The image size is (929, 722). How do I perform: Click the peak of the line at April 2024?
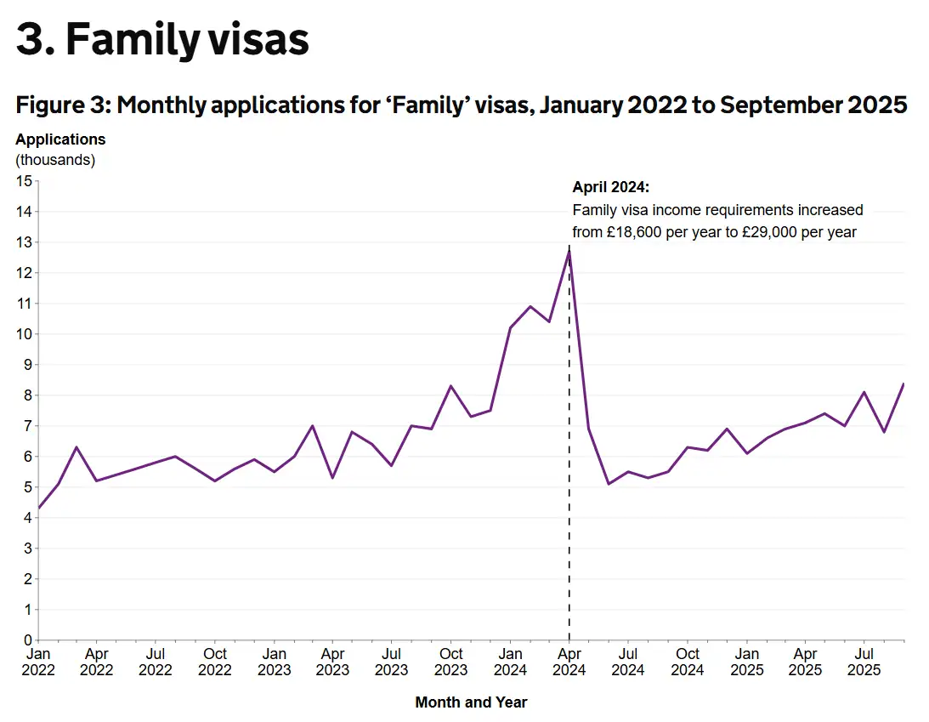point(569,250)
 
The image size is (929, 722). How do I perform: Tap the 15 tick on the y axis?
point(24,181)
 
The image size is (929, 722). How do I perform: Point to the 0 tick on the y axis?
point(27,640)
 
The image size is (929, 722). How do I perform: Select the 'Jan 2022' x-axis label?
point(38,662)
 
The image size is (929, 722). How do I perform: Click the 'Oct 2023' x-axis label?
point(451,662)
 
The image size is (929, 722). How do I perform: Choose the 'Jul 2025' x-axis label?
point(864,662)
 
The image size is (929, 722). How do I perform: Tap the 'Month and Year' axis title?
point(471,702)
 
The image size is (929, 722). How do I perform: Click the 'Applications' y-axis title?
point(60,139)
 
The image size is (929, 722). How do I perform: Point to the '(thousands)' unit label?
point(55,159)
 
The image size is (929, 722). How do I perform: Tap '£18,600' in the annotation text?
point(632,232)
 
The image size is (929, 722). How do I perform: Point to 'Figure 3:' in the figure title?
point(61,105)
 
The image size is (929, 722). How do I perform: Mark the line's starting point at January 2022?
point(39,509)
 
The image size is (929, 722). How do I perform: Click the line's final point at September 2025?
point(904,384)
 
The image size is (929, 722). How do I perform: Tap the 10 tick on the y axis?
point(24,334)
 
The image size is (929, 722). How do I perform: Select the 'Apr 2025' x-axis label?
point(805,662)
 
